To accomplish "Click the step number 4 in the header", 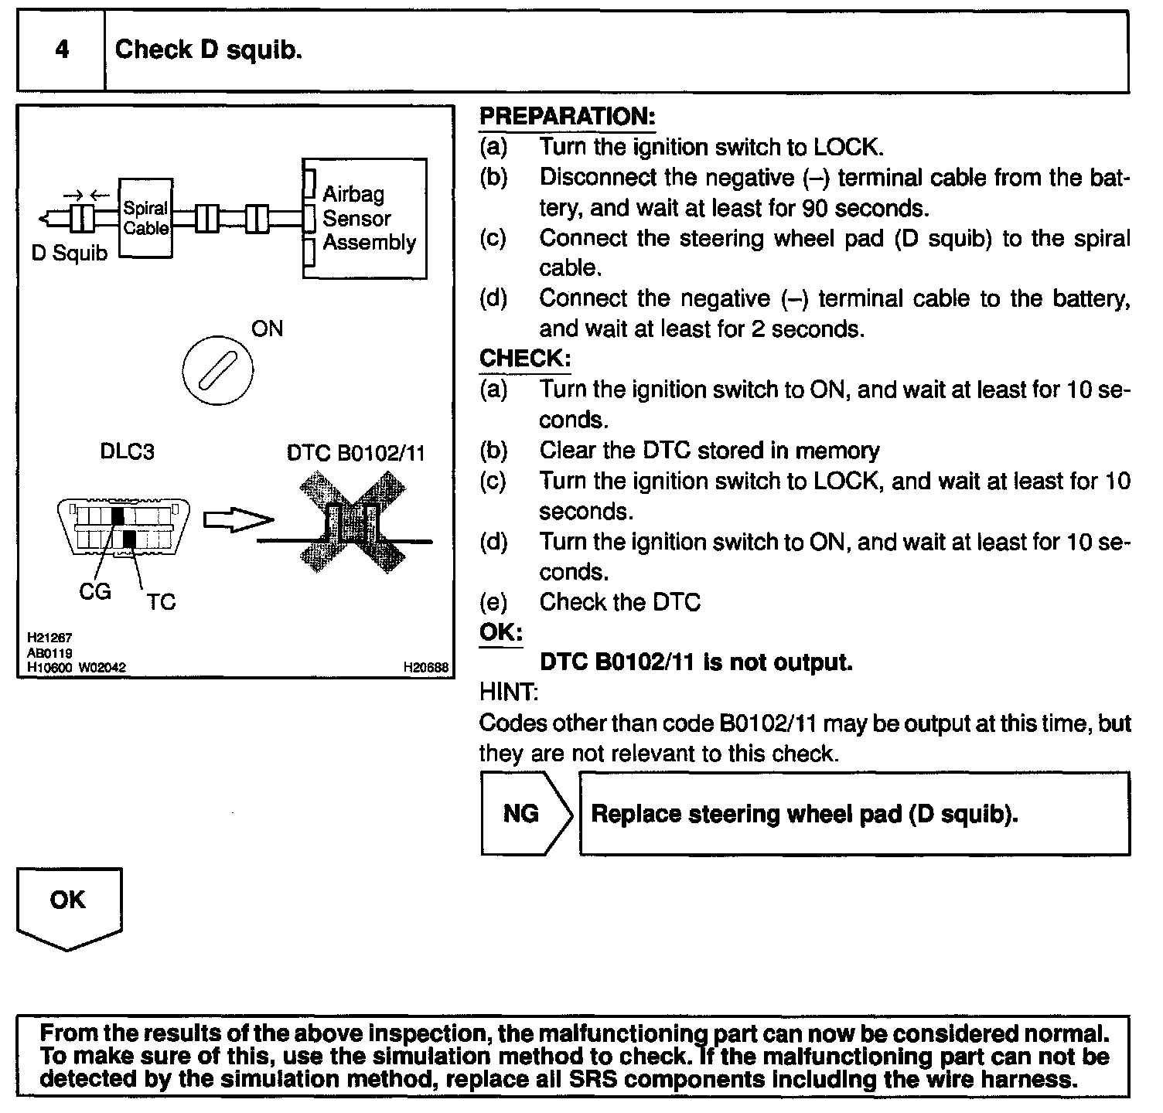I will (x=62, y=50).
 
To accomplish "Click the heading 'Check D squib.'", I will (x=208, y=50).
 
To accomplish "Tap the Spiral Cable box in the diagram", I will (x=145, y=219).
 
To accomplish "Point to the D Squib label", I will (x=70, y=254).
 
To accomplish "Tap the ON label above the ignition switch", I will (x=267, y=329).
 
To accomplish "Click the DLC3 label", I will (x=128, y=451).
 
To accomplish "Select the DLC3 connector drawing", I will (x=124, y=526).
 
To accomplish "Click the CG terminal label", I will (x=95, y=592).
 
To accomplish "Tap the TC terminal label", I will (x=161, y=602).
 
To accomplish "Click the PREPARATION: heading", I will (x=567, y=117).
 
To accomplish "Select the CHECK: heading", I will (x=525, y=359).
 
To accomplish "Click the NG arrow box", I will (x=525, y=814).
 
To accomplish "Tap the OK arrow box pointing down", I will (x=69, y=906).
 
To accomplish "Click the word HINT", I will (x=509, y=693).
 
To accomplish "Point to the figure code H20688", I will (x=426, y=667).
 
